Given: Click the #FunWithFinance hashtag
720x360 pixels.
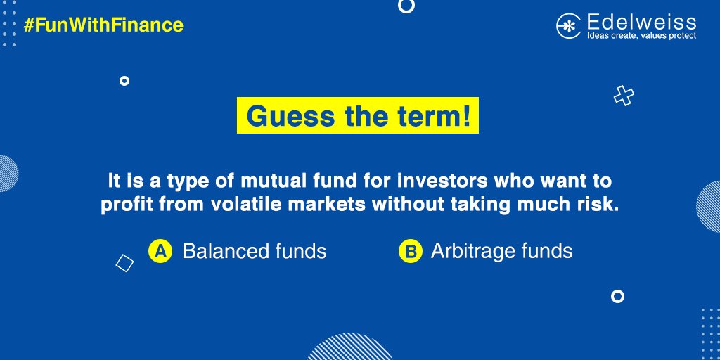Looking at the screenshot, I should [x=103, y=26].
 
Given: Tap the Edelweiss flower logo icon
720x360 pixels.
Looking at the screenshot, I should [x=567, y=26].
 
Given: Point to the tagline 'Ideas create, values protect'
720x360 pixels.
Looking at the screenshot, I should [x=641, y=35].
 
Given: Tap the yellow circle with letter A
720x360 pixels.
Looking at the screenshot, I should [x=160, y=251].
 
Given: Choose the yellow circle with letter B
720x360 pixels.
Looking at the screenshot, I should [x=410, y=251].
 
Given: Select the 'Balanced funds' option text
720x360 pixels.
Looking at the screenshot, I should [x=255, y=251].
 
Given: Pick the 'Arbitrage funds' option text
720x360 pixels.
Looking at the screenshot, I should [x=501, y=251].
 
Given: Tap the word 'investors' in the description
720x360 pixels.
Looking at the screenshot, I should [x=444, y=181].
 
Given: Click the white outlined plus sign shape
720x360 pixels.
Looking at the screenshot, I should [x=624, y=96].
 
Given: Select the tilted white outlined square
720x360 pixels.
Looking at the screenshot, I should [x=124, y=263].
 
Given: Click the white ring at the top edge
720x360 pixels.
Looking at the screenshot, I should [x=406, y=6].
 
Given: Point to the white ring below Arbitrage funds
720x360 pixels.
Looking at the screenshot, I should [x=617, y=296].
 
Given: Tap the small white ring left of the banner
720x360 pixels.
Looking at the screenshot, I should [x=124, y=81].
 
